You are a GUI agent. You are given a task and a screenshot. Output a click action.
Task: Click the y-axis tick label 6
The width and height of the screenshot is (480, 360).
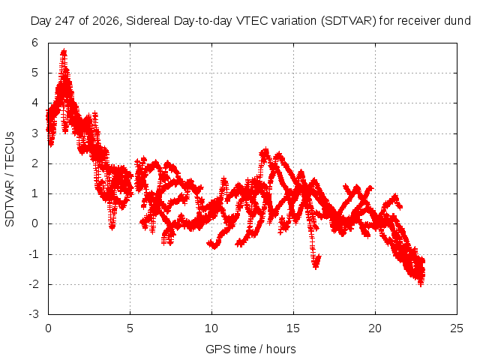point(35,43)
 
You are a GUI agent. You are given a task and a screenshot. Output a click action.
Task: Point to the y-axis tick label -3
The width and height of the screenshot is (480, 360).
point(34,314)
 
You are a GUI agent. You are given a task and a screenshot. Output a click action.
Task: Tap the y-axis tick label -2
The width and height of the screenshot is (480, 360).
point(34,284)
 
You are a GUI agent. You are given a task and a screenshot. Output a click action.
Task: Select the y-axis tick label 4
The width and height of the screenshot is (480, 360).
point(35,103)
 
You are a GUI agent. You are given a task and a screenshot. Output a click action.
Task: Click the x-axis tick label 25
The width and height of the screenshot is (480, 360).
point(457,328)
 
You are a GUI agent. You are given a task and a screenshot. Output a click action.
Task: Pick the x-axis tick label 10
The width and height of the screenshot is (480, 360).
point(211,328)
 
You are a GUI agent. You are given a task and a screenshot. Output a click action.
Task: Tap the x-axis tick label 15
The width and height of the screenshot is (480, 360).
point(293,328)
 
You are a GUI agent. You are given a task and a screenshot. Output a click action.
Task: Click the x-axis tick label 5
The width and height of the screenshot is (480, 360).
point(130,328)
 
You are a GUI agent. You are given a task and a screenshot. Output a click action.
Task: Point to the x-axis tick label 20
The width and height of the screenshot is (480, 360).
point(375,328)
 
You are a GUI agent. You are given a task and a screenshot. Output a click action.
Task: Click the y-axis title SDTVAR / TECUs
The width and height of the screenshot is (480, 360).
point(10,179)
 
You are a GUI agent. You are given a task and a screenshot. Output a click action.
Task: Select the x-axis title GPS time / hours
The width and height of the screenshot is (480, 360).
point(250,349)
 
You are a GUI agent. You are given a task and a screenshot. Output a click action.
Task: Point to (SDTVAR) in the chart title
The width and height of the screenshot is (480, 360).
point(348,21)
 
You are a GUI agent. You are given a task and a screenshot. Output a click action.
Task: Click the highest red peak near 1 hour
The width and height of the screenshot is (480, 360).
point(64,50)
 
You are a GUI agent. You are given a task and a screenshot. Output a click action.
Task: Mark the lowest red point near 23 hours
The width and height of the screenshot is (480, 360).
point(421,284)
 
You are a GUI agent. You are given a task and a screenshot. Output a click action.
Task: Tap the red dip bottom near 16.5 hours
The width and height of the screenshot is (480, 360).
point(316,267)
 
